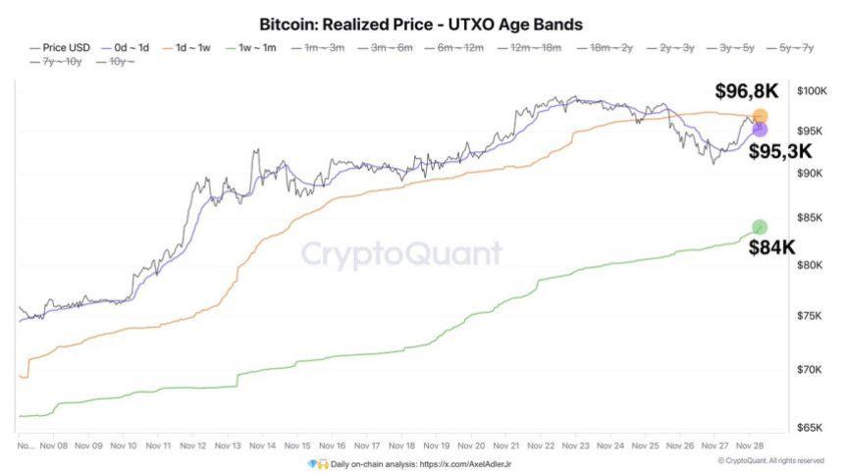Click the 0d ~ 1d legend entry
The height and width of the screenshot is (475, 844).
click(x=128, y=46)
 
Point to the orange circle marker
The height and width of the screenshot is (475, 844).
click(x=760, y=117)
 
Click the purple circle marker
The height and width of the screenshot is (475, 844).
click(x=759, y=130)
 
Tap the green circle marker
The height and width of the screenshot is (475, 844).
click(x=759, y=228)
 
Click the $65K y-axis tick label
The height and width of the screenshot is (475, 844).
click(x=811, y=428)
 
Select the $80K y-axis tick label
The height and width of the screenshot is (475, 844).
click(x=811, y=265)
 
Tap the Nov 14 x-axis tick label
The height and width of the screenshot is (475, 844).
click(x=262, y=445)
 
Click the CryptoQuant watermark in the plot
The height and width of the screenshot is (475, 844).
click(x=400, y=254)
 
